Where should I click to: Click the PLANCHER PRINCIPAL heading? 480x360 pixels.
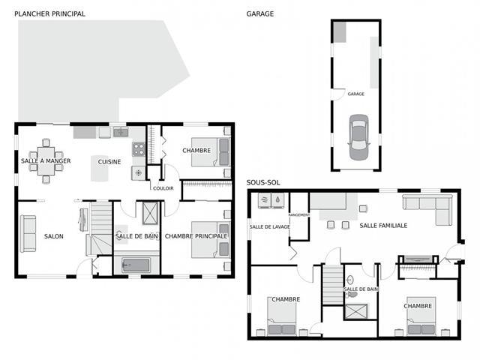[50, 13]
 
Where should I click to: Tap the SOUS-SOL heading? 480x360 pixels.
[263, 182]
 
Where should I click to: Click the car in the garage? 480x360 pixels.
[358, 137]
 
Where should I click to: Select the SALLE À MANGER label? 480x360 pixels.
[46, 160]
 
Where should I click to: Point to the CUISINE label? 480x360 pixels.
[109, 162]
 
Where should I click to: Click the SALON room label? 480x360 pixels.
[54, 236]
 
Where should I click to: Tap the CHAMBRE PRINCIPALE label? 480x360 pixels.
[196, 236]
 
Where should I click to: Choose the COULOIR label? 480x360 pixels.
[163, 188]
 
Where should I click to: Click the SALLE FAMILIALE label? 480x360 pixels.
[383, 226]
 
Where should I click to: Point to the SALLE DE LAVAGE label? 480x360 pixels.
[269, 226]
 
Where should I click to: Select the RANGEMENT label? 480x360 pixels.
[299, 215]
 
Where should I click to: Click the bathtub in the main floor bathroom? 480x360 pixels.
[136, 265]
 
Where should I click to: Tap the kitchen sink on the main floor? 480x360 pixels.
[121, 132]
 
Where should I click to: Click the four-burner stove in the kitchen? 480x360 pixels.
[138, 149]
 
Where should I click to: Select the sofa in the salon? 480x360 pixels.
[28, 233]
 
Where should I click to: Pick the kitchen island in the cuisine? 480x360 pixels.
[100, 168]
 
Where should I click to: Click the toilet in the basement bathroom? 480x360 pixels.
[352, 295]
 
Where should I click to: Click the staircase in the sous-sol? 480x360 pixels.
[333, 285]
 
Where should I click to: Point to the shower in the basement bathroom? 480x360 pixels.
[356, 312]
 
